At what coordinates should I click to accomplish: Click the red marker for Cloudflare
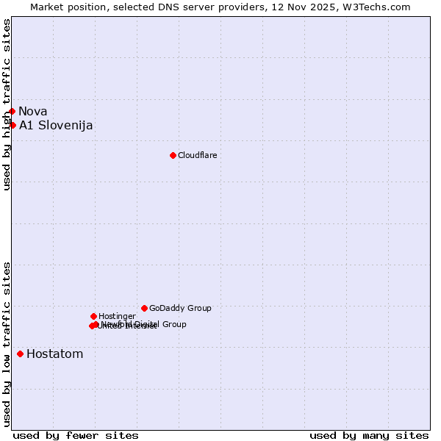coord(173,155)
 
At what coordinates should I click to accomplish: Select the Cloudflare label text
coord(197,155)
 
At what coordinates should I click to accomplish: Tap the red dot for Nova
coord(12,111)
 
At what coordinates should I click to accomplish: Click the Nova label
coord(33,112)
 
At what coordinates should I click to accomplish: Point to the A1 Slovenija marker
coord(12,125)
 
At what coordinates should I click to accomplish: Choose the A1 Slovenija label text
coord(56,125)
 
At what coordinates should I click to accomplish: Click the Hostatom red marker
coord(20,354)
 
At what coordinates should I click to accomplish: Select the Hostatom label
coord(54,354)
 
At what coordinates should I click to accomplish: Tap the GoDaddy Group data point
coord(144,308)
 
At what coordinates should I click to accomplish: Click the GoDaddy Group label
coord(180,308)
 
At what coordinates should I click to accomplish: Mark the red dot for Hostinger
coord(93,316)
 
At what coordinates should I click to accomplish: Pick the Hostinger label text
coord(117,316)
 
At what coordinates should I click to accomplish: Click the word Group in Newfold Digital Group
coord(173,324)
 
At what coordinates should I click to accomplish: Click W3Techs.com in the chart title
coord(374,7)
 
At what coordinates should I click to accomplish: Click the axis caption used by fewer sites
coord(76,435)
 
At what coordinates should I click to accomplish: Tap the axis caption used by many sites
coord(369,435)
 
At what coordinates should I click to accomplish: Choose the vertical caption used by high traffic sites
coord(7,104)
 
